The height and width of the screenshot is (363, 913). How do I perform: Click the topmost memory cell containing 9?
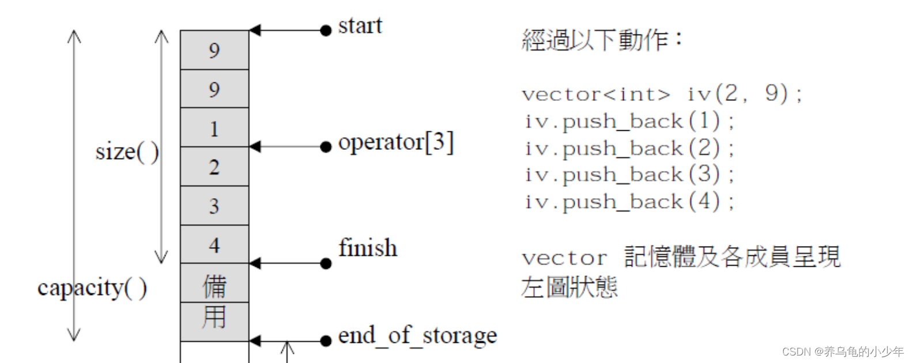coord(214,50)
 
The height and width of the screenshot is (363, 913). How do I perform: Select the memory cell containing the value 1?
coord(214,128)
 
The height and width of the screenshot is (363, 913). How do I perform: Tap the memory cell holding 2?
coord(214,167)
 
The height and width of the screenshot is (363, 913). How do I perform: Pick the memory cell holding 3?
coord(214,206)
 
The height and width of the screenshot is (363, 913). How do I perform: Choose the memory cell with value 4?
coord(214,245)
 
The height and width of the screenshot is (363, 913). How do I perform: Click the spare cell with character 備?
coord(214,284)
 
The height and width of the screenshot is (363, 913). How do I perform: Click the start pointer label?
coord(360,26)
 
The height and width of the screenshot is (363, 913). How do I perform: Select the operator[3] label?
coord(395,142)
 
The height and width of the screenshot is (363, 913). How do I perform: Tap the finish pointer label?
coord(368,248)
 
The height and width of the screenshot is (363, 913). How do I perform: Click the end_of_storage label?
coord(417,335)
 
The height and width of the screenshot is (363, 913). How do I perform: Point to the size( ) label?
coord(127,152)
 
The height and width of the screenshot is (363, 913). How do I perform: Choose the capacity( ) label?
coord(92,288)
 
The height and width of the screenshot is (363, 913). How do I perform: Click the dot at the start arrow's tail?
coord(326,30)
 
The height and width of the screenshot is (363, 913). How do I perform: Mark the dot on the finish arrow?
coord(326,263)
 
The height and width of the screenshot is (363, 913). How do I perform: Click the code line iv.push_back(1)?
coord(629,122)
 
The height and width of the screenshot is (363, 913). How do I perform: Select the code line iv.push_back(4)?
coord(629,202)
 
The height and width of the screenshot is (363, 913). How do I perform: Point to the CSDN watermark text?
coord(842,351)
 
